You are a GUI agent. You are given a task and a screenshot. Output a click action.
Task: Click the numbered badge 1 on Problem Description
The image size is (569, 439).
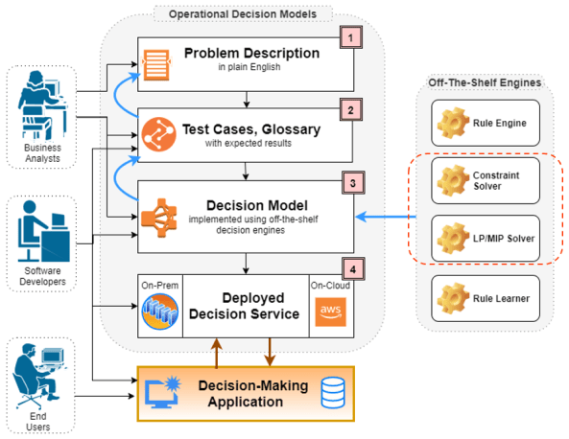pos(353,38)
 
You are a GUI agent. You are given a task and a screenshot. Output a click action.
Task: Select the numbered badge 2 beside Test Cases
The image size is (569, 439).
pos(353,109)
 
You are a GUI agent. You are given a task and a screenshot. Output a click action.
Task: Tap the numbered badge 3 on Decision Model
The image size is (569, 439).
pos(353,181)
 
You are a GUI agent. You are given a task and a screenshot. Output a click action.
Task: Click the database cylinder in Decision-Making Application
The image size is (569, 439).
pos(332,392)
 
